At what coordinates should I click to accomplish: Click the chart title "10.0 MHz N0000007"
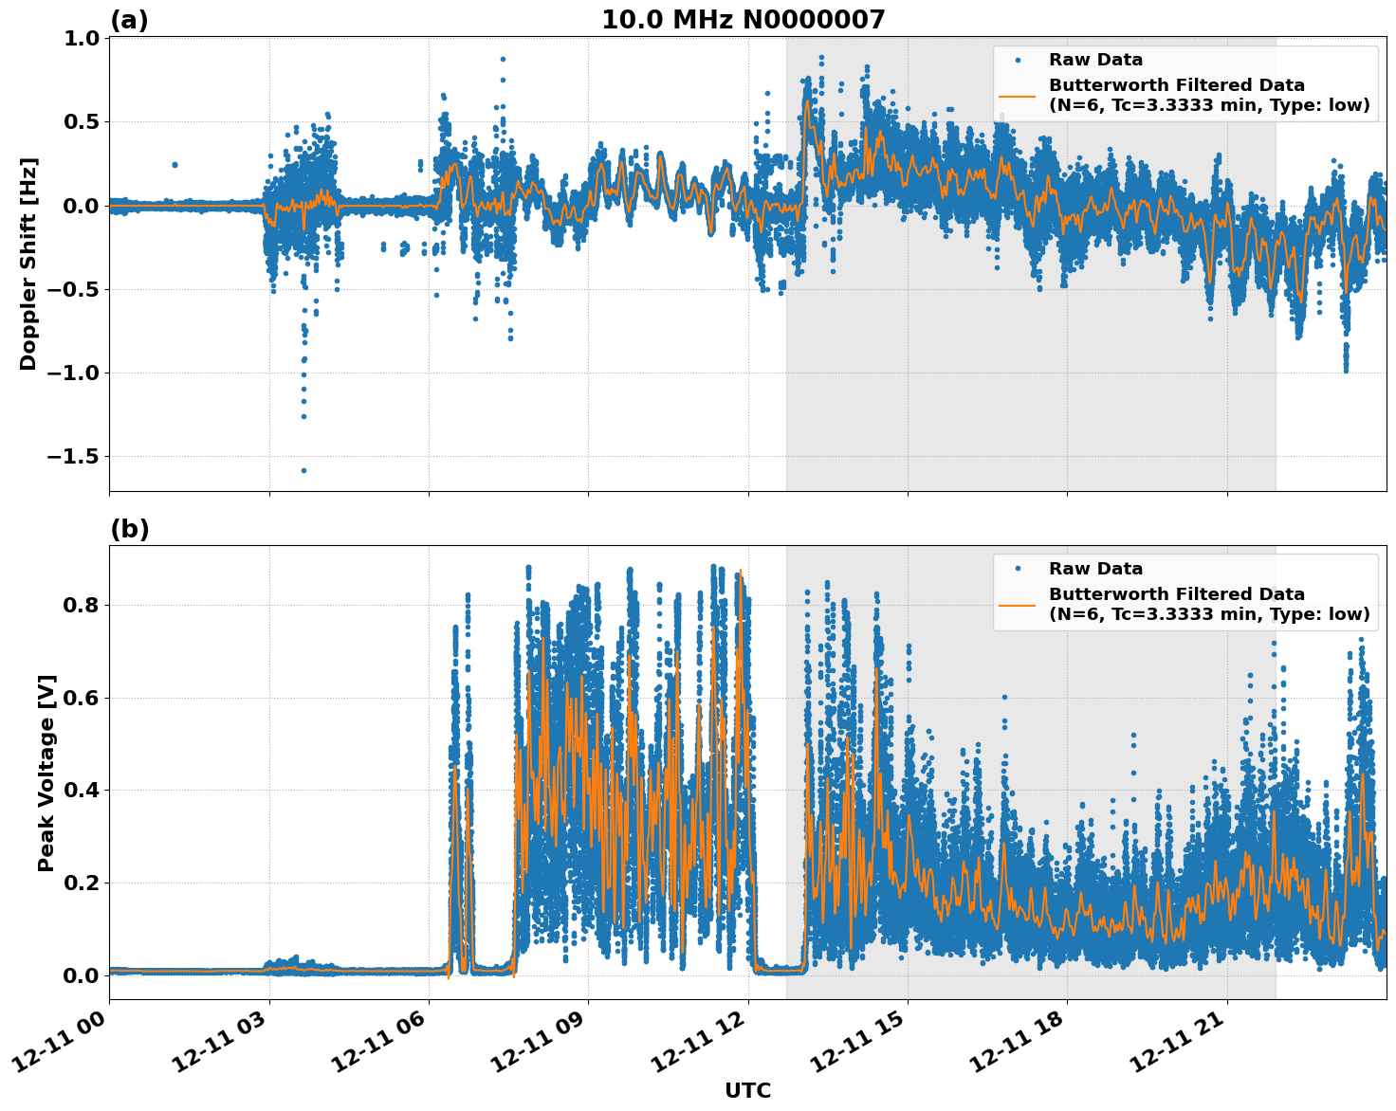(743, 20)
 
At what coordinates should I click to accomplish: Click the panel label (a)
(129, 20)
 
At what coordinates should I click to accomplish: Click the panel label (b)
(129, 529)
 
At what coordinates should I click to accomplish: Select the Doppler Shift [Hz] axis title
(28, 264)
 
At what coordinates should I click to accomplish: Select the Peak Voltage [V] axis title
(46, 773)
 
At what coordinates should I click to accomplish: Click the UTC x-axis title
(747, 1090)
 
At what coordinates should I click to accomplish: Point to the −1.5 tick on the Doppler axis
(73, 457)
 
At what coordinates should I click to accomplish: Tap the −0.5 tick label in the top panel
(73, 290)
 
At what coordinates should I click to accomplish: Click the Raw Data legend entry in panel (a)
(1095, 60)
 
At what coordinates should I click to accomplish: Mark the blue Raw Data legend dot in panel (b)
(1018, 569)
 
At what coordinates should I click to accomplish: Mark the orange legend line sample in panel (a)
(1018, 95)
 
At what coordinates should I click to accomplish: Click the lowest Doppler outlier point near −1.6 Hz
(303, 470)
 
